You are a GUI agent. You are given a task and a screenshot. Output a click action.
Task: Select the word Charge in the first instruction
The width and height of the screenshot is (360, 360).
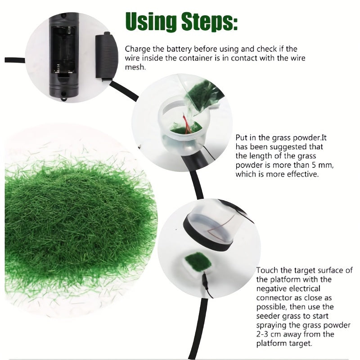[x=137, y=49]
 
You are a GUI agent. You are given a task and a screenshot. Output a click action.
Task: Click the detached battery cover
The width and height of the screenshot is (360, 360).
[x=106, y=56]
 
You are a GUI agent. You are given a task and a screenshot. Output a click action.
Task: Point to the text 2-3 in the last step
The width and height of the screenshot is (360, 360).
[x=264, y=334]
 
